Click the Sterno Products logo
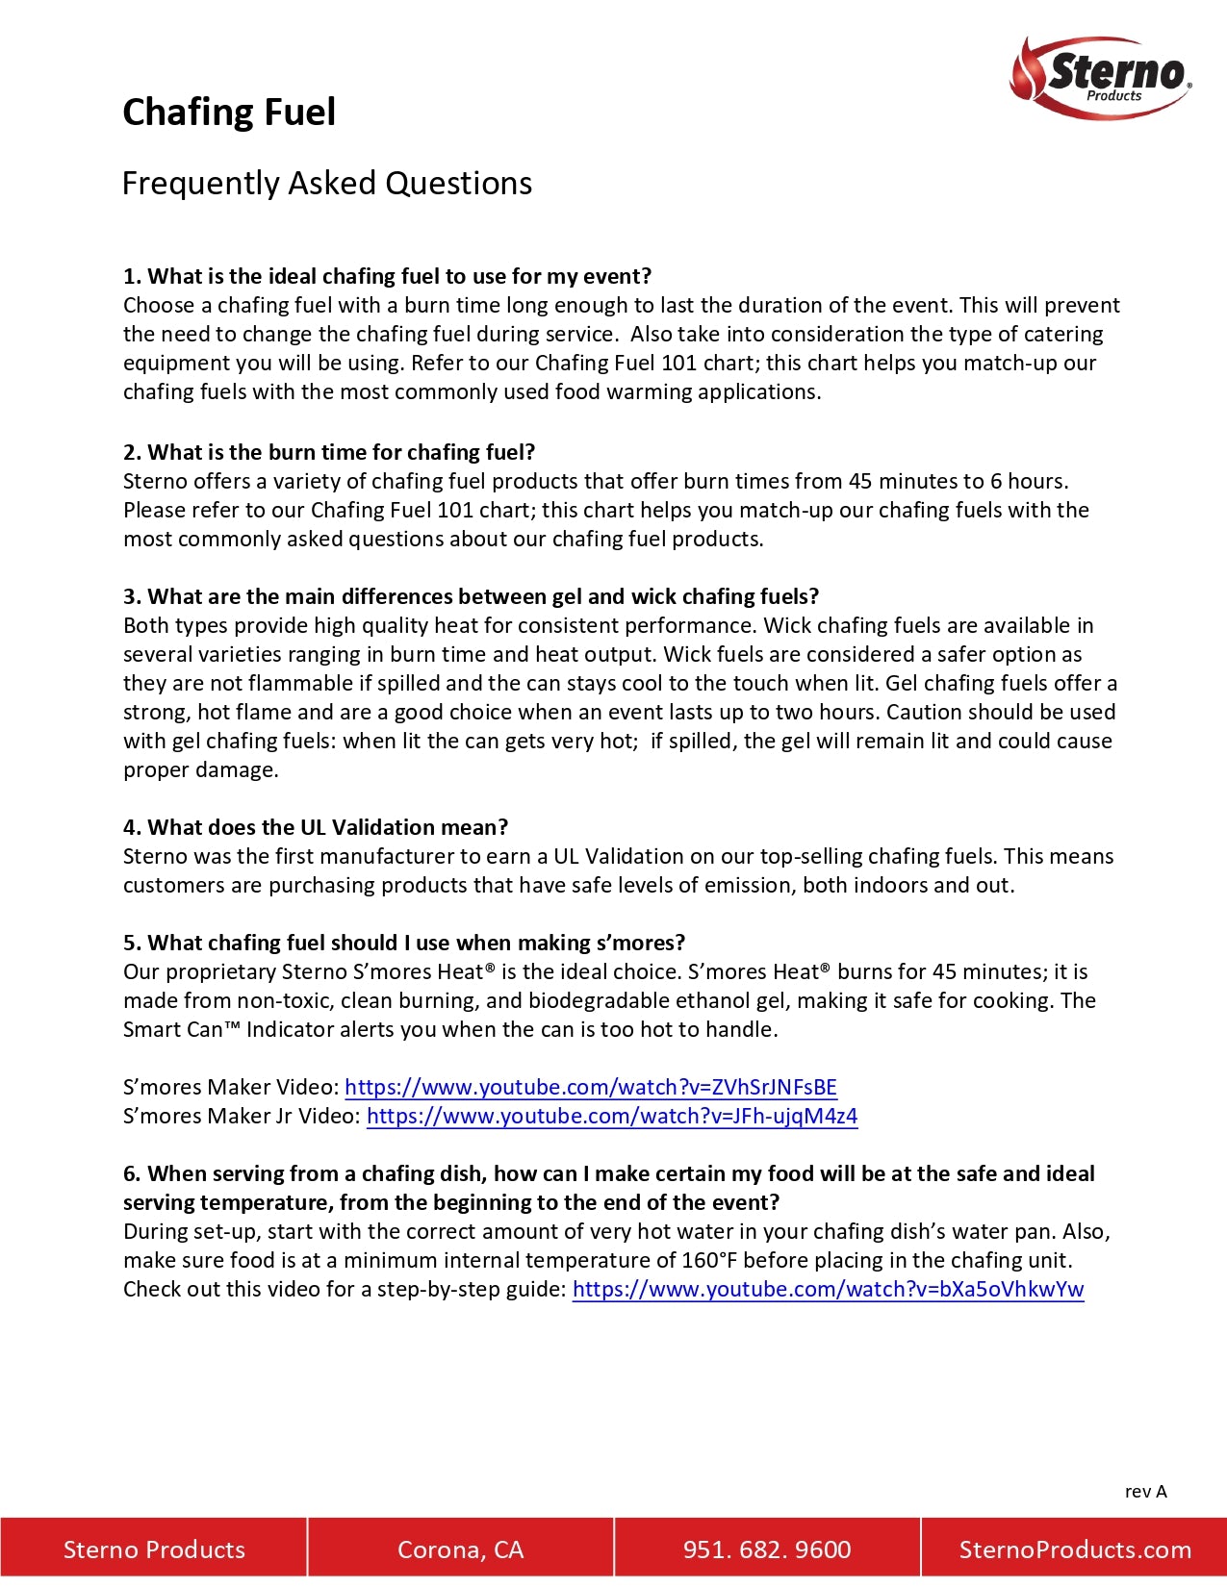click(x=1102, y=77)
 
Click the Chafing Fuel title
click(x=229, y=112)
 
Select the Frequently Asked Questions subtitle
click(x=326, y=183)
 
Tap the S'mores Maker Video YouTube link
click(x=590, y=1087)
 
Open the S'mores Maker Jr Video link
click(x=611, y=1116)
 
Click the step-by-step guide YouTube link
click(x=828, y=1289)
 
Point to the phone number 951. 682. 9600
click(x=766, y=1549)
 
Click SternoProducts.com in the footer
click(x=1074, y=1549)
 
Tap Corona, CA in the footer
click(x=460, y=1549)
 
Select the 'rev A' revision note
click(x=1145, y=1491)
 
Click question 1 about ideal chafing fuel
click(x=387, y=276)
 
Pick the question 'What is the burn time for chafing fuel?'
click(x=329, y=452)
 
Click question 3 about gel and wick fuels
click(x=471, y=596)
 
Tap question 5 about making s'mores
click(x=404, y=943)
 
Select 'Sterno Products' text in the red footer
click(x=154, y=1549)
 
